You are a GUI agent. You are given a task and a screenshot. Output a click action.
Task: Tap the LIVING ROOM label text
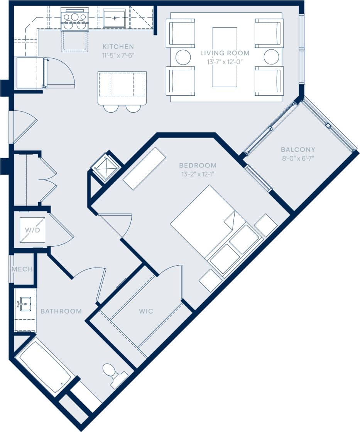pos(225,53)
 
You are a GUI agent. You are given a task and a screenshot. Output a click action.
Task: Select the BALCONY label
pos(298,149)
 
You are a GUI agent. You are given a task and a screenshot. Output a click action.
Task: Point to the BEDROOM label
pos(198,165)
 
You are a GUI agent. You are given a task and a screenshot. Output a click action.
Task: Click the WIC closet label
pos(146,311)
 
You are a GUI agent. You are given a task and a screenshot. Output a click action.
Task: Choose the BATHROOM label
pos(61,311)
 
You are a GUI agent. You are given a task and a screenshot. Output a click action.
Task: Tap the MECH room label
pos(22,269)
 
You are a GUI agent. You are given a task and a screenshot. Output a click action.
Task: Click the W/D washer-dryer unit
pos(32,230)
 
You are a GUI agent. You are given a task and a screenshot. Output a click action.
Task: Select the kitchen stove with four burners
pos(75,21)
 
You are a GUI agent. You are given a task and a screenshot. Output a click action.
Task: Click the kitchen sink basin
pos(114,19)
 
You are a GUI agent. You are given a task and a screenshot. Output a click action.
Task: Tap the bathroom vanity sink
pos(25,304)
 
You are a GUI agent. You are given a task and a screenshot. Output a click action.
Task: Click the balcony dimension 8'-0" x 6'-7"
pos(298,158)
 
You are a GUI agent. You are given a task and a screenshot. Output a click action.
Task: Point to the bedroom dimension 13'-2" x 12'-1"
pos(198,174)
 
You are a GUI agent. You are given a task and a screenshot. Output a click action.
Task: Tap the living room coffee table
pos(225,57)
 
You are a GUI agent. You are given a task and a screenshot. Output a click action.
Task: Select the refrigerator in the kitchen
pos(30,73)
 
